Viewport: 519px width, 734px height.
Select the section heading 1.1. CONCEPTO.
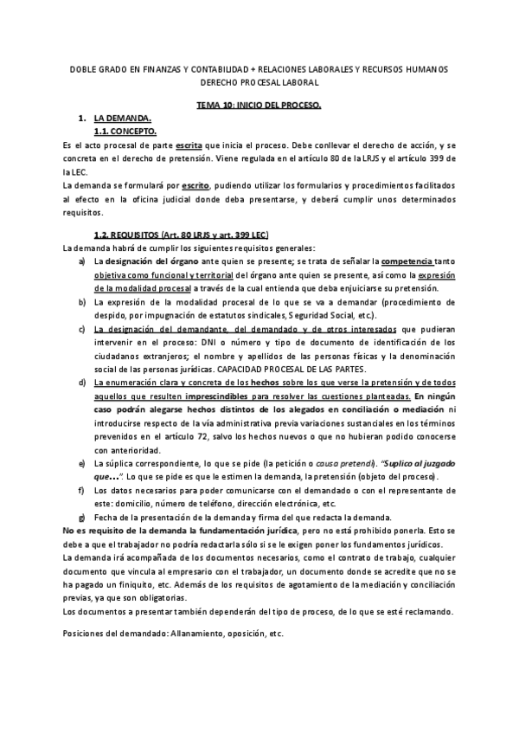[x=125, y=131]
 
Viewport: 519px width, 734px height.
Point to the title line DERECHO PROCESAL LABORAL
[x=259, y=82]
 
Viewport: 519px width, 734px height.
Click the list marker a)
[x=81, y=261]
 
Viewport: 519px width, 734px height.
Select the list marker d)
[x=81, y=382]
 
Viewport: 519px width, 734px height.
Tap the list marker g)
[x=81, y=516]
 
